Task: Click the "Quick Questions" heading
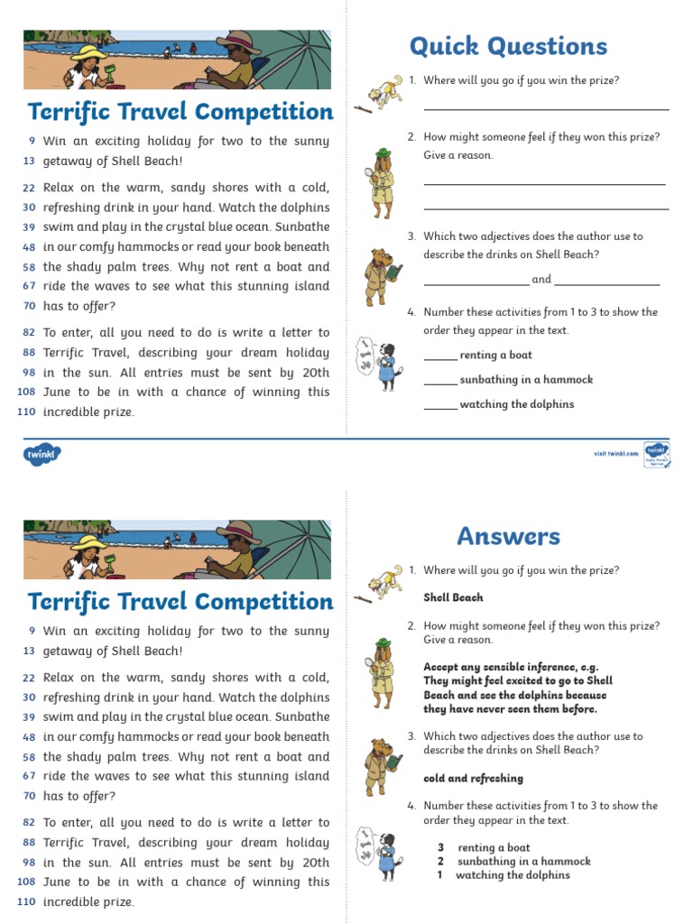(508, 46)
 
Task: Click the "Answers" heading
(508, 536)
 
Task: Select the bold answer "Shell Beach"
(453, 597)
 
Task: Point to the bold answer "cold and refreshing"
(473, 779)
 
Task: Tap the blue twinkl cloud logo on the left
(40, 455)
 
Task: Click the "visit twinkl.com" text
(615, 453)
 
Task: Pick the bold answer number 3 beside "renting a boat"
(440, 848)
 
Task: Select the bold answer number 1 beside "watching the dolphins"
(440, 875)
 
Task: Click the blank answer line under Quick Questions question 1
(546, 108)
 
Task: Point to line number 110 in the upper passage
(26, 412)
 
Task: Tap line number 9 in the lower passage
(32, 631)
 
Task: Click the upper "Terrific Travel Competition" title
(180, 113)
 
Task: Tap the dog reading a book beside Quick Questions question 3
(380, 274)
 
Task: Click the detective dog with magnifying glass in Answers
(380, 672)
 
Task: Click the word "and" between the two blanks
(541, 280)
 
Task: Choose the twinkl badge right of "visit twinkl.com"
(656, 453)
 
